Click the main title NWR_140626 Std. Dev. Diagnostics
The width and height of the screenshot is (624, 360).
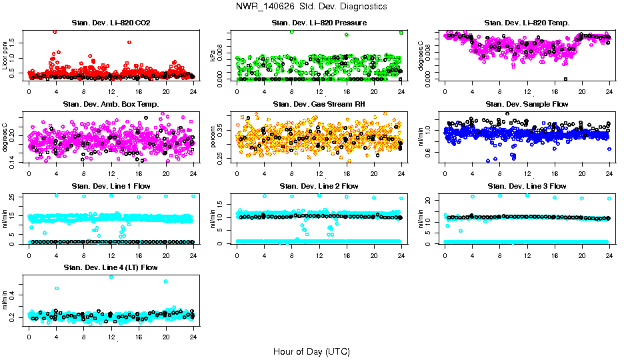pyautogui.click(x=311, y=7)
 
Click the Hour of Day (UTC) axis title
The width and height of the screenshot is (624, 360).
pyautogui.click(x=311, y=351)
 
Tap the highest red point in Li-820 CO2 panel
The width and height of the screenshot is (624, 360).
pyautogui.click(x=55, y=32)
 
